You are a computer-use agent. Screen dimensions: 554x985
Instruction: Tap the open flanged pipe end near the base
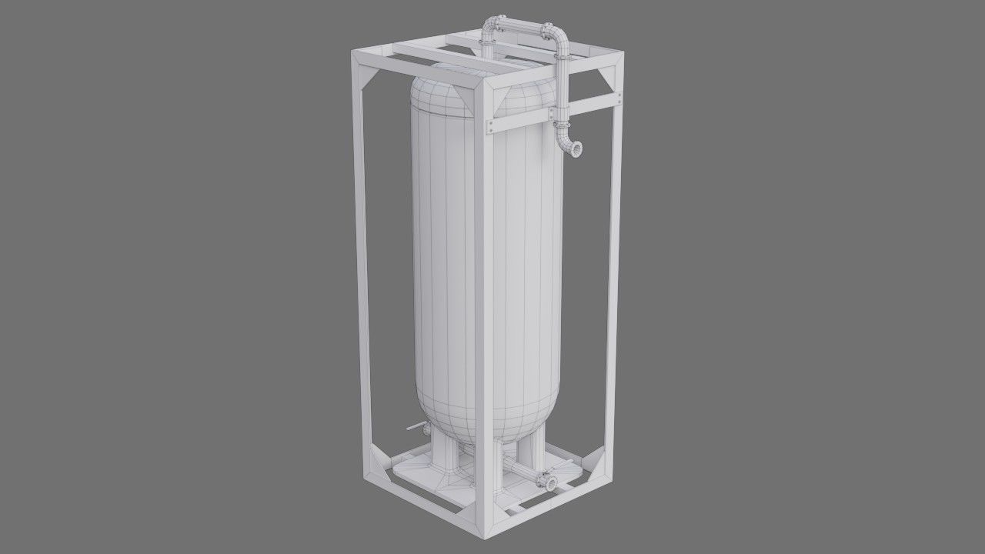pyautogui.click(x=551, y=482)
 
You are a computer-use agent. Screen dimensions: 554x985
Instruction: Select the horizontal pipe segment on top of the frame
pyautogui.click(x=520, y=28)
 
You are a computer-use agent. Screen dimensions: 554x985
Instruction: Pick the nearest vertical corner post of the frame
pyautogui.click(x=483, y=308)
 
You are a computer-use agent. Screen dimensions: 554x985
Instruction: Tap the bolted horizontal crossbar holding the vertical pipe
pyautogui.click(x=554, y=112)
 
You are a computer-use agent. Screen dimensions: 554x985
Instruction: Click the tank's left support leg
pyautogui.click(x=444, y=454)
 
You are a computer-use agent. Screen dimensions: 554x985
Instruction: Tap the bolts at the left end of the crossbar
pyautogui.click(x=489, y=125)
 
